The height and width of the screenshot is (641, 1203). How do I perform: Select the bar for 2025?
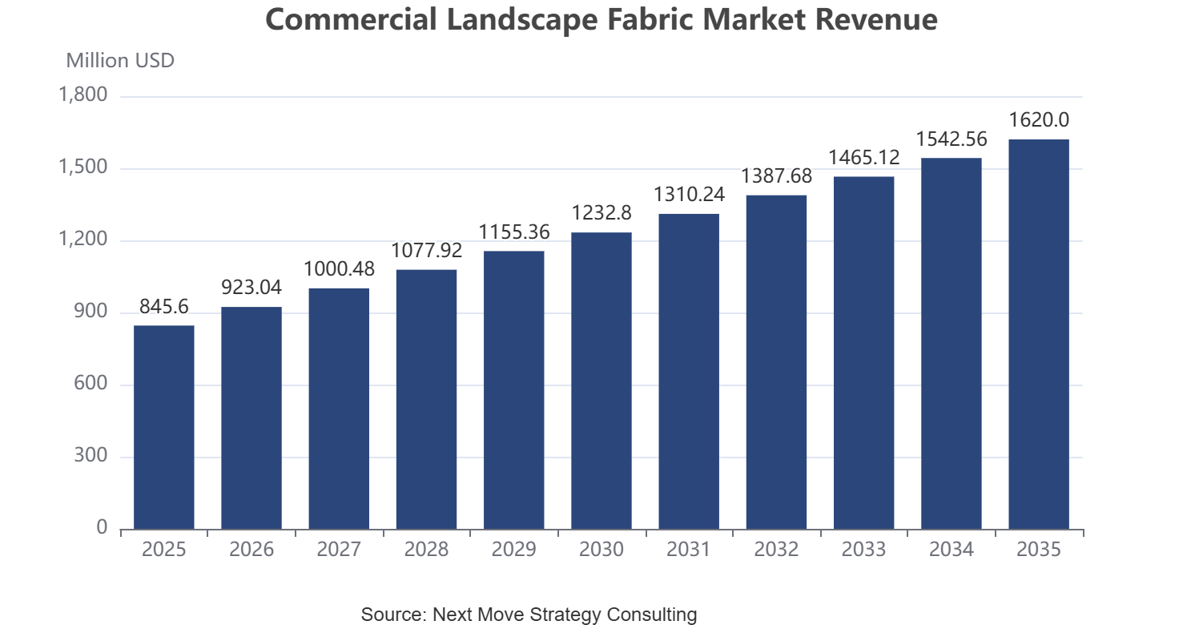click(x=164, y=427)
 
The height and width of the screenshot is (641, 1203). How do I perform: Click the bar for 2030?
click(x=601, y=381)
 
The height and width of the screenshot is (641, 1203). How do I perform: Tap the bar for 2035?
click(x=1039, y=334)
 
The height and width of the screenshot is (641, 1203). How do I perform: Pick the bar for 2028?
click(x=426, y=399)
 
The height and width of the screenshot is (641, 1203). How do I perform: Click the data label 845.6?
click(x=164, y=306)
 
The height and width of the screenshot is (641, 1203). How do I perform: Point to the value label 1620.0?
click(x=1039, y=120)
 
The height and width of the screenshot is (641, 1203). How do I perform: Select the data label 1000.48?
click(x=339, y=268)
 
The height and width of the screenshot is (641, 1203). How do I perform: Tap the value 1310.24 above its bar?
click(x=689, y=194)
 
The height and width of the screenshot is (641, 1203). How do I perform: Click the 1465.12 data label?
click(x=863, y=157)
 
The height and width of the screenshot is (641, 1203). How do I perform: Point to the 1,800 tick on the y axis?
click(x=82, y=95)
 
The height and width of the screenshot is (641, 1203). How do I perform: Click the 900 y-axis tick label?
click(x=91, y=311)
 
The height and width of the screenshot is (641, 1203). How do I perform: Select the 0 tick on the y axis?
click(x=102, y=527)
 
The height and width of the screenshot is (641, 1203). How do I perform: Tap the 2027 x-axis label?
click(x=339, y=549)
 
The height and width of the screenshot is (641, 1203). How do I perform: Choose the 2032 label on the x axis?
click(x=776, y=549)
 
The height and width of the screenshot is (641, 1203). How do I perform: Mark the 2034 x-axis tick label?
click(x=952, y=549)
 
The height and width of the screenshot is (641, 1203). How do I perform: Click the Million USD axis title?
click(x=120, y=61)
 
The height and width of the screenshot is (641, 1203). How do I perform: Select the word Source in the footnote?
click(x=394, y=614)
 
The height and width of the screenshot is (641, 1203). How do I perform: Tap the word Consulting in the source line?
click(x=651, y=615)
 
